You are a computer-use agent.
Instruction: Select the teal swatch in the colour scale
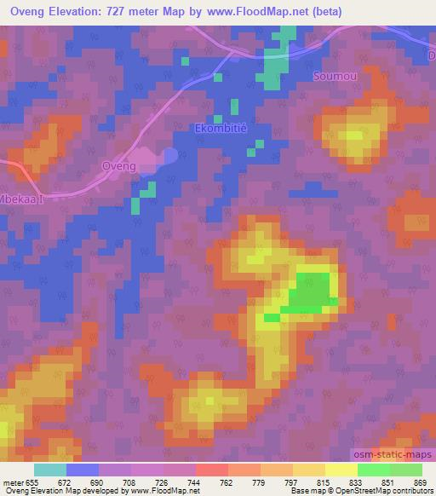[x=49, y=470]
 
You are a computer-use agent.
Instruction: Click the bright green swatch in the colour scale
[x=373, y=470]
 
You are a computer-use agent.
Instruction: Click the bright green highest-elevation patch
[x=310, y=296]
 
